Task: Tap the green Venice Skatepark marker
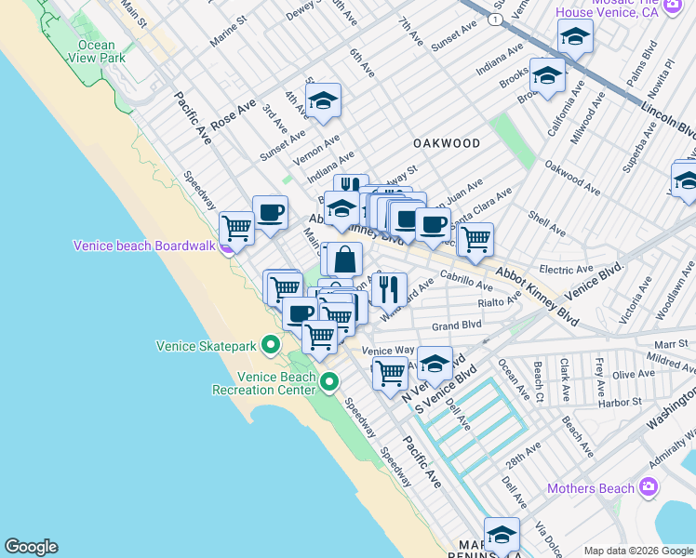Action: (271, 346)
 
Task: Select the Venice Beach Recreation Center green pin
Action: (328, 382)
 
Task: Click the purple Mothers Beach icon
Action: (649, 487)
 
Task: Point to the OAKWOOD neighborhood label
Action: (448, 143)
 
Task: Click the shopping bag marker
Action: (344, 259)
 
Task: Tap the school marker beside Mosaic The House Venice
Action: (575, 38)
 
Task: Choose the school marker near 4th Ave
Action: (323, 101)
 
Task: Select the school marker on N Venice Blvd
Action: (435, 364)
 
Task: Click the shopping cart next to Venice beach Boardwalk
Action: (237, 226)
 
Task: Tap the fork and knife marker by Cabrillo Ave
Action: (389, 287)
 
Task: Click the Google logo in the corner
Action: (31, 547)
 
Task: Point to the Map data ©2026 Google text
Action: (638, 551)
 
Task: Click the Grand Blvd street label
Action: (456, 325)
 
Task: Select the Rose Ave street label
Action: (233, 116)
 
